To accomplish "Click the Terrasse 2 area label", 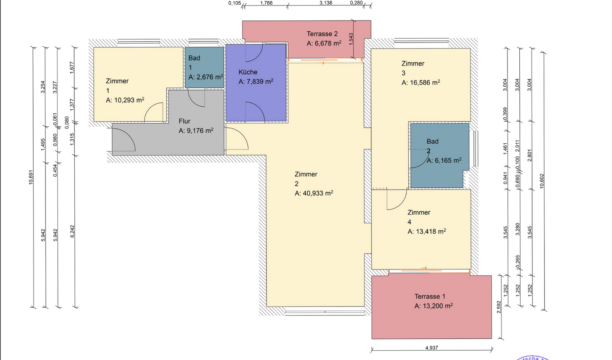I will pyautogui.click(x=322, y=34).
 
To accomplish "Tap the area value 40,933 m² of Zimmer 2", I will pyautogui.click(x=314, y=193).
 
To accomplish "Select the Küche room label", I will pyautogui.click(x=248, y=72).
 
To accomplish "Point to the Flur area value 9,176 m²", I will pyautogui.click(x=196, y=131).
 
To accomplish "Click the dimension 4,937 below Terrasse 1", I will pyautogui.click(x=431, y=348).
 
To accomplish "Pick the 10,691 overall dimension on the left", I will pyautogui.click(x=31, y=177).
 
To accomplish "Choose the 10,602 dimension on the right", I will pyautogui.click(x=541, y=181).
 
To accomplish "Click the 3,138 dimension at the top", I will pyautogui.click(x=326, y=3).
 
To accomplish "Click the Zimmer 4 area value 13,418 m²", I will pyautogui.click(x=427, y=232).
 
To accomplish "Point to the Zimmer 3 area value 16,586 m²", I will pyautogui.click(x=421, y=83).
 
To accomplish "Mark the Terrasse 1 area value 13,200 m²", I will pyautogui.click(x=433, y=306).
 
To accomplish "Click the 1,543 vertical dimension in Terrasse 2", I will pyautogui.click(x=351, y=39).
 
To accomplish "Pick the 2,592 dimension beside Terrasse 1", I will pyautogui.click(x=499, y=307).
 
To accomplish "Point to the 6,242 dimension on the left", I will pyautogui.click(x=72, y=231).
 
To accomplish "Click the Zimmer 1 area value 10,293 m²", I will pyautogui.click(x=125, y=100).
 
